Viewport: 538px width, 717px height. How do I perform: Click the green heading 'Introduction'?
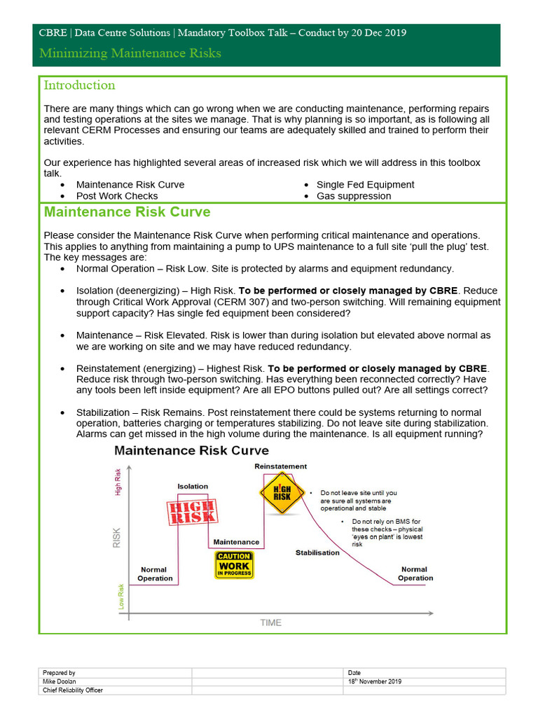(79, 85)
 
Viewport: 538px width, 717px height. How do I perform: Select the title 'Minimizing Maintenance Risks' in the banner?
(130, 53)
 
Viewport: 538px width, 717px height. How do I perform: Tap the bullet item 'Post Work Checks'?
(117, 196)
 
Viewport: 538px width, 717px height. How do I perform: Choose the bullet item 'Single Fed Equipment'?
(365, 185)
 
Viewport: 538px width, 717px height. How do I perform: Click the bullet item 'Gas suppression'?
(354, 196)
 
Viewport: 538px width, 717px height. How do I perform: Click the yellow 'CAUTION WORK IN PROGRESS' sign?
(234, 565)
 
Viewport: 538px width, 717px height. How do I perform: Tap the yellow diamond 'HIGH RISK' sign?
(282, 492)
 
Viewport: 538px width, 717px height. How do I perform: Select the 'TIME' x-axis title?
(270, 622)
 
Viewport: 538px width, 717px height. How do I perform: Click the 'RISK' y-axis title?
(117, 537)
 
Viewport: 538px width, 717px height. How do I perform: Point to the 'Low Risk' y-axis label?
(121, 596)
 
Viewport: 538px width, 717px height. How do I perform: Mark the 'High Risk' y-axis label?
(118, 482)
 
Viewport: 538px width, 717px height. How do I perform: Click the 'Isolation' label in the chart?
(193, 486)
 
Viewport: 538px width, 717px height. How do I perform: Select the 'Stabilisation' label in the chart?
(317, 552)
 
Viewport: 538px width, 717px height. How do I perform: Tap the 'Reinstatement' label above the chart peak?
(280, 466)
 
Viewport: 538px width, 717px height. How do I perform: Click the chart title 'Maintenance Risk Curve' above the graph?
(191, 450)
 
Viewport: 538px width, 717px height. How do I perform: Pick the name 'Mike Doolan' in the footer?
(60, 681)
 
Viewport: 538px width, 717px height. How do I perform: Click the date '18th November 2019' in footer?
(375, 681)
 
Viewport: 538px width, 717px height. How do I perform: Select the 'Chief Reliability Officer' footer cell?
(73, 690)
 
